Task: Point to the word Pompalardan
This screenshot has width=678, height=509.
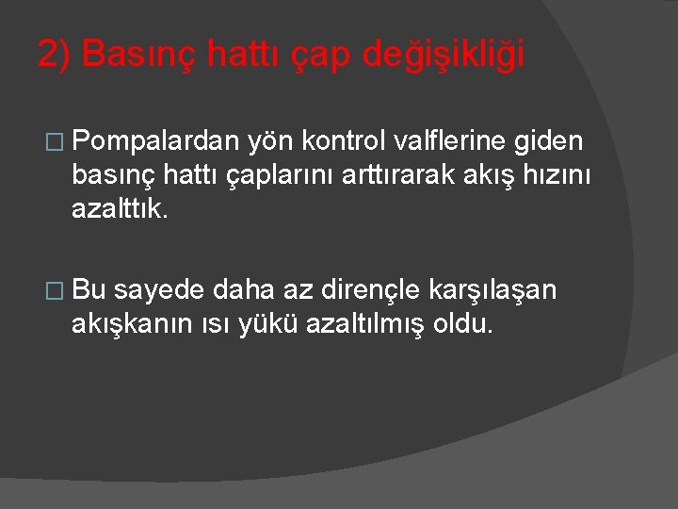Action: click(x=154, y=141)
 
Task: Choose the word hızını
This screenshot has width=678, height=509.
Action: click(x=565, y=174)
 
